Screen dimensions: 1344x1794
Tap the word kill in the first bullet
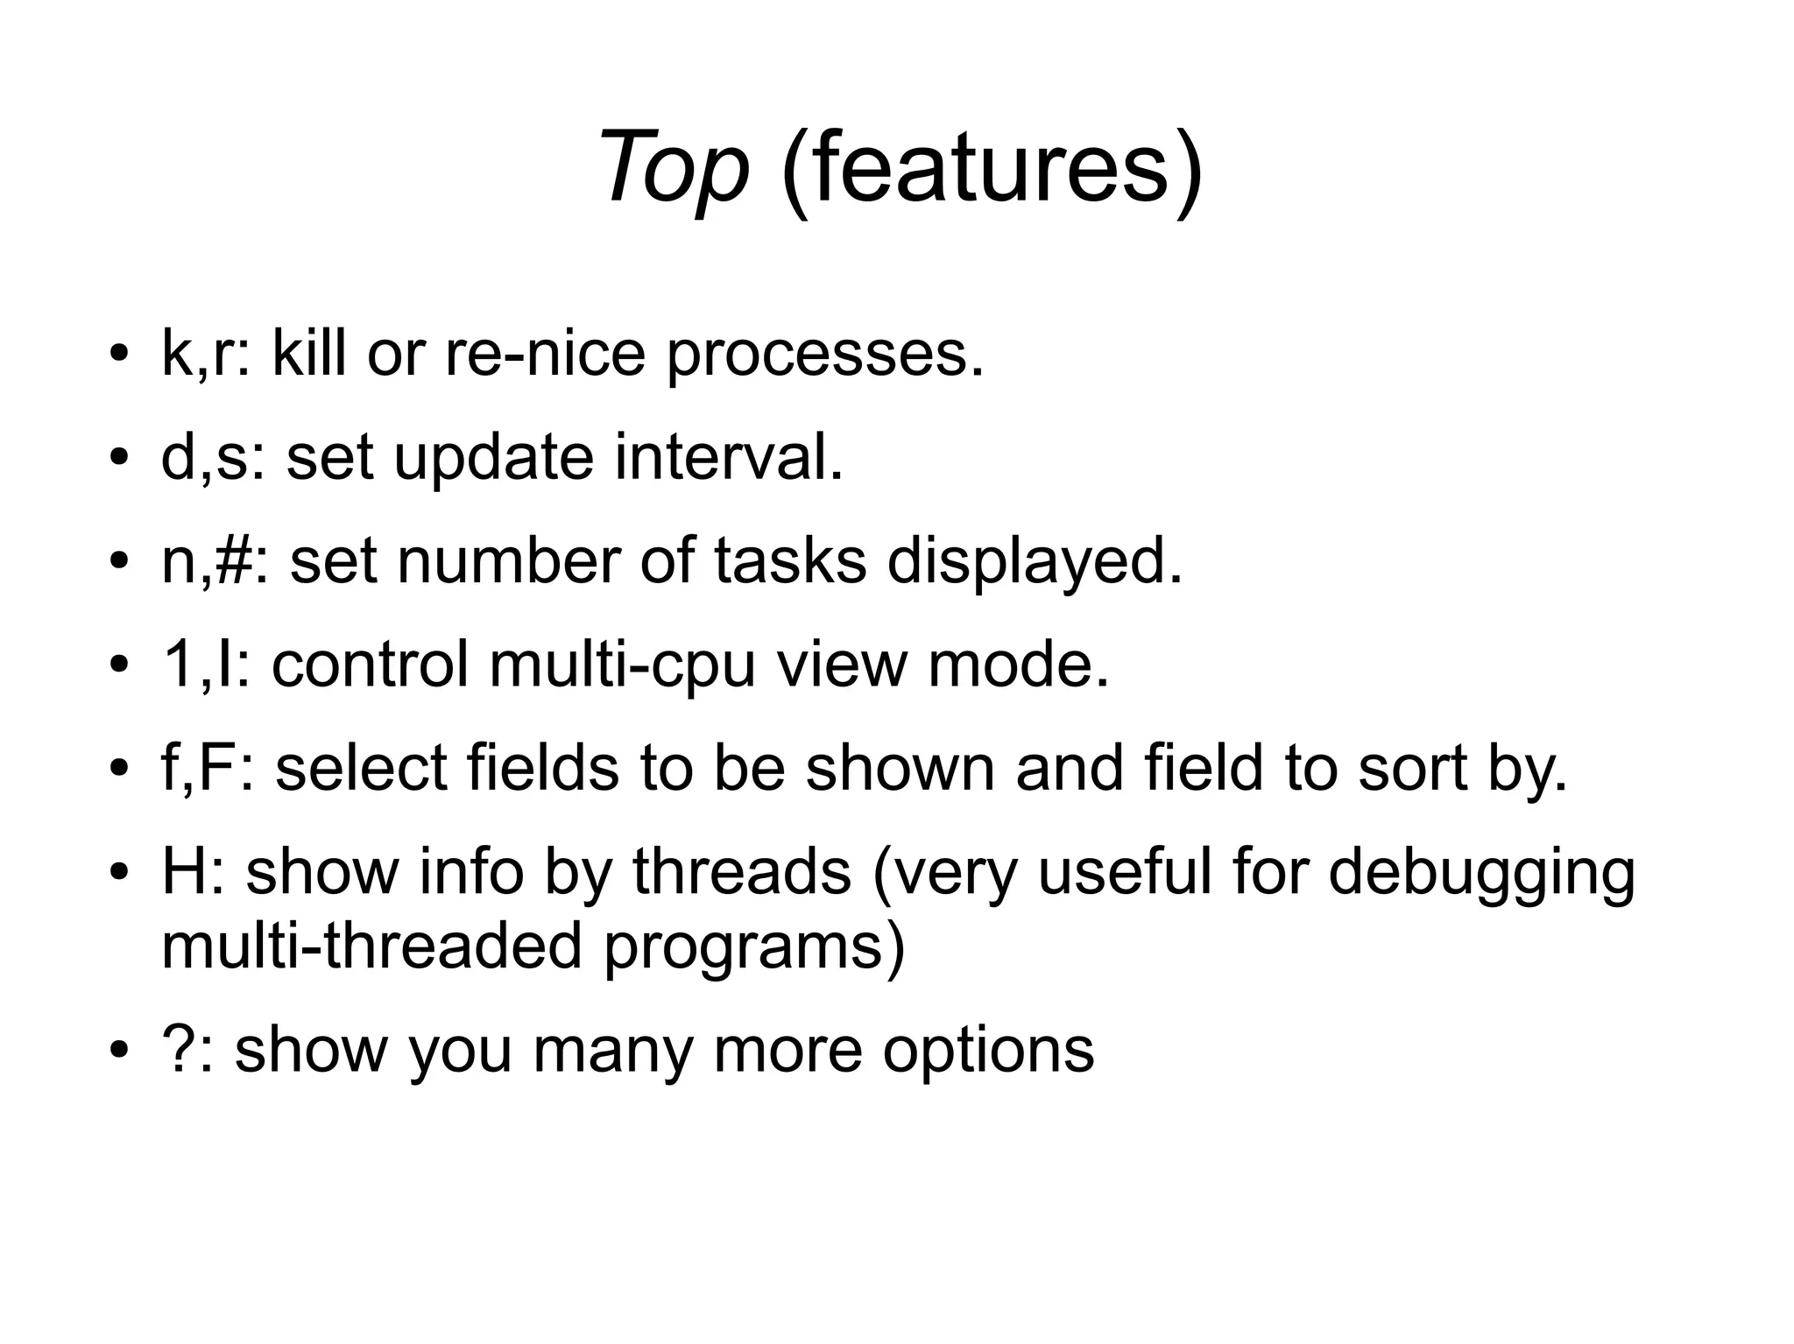click(308, 354)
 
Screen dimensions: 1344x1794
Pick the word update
click(493, 461)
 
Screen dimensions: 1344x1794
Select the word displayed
click(1034, 564)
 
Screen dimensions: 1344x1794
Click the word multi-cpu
click(622, 665)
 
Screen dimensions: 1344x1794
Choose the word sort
click(1409, 769)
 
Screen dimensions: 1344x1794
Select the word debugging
click(1481, 876)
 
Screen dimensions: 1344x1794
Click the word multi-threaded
click(371, 946)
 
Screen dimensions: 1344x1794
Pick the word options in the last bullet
click(988, 1052)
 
